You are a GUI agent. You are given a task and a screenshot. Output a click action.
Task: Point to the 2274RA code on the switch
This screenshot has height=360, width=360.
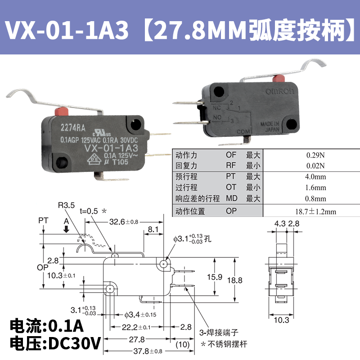pos(72,127)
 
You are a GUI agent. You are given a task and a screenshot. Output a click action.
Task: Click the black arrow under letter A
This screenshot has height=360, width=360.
pos(66,229)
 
